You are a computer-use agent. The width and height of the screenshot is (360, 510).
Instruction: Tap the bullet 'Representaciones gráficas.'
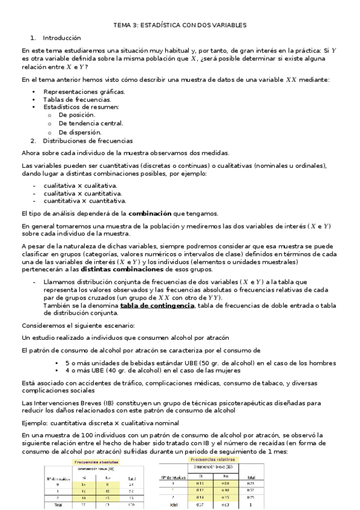[84, 91]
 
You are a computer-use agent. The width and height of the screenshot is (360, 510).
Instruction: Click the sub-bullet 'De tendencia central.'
[91, 123]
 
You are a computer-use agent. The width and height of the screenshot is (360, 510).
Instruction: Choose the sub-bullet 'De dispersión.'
[80, 132]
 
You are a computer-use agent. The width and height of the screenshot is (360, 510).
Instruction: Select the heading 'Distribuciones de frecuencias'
[88, 141]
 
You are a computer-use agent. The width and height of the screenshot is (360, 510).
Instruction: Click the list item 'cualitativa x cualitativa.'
[81, 185]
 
